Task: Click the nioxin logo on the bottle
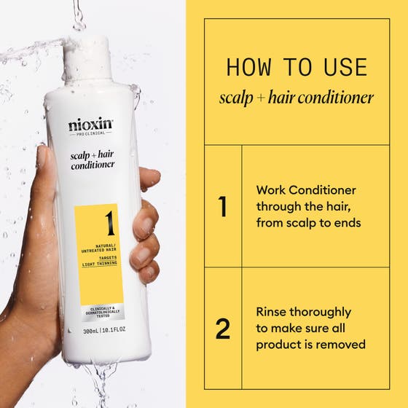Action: [x=91, y=125]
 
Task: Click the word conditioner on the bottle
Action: [x=93, y=165]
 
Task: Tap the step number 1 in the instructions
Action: [x=223, y=206]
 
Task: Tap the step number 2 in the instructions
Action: [x=223, y=329]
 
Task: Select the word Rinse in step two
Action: [x=272, y=312]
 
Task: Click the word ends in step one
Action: [x=346, y=223]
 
